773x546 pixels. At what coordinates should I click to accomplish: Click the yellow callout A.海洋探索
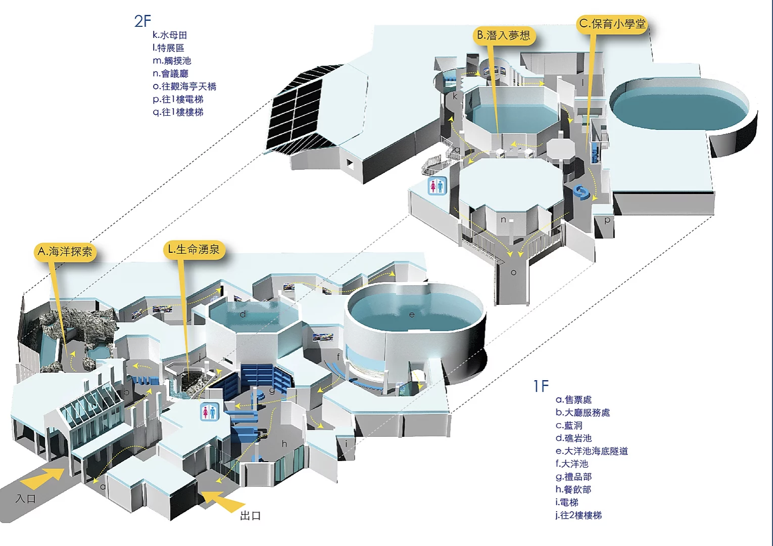click(66, 252)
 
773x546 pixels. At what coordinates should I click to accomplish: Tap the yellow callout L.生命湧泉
click(194, 250)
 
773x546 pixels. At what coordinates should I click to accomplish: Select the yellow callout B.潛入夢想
click(504, 35)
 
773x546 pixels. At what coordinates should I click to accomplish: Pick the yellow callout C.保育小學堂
click(612, 24)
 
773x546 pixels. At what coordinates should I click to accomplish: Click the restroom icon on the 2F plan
click(438, 186)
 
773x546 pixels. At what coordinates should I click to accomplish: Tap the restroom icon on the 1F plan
click(209, 412)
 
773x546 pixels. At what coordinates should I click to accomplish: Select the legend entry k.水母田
click(170, 35)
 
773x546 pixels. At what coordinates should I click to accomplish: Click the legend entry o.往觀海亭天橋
click(184, 86)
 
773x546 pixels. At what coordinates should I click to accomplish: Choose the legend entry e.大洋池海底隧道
click(592, 451)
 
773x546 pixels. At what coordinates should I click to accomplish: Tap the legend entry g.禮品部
click(573, 477)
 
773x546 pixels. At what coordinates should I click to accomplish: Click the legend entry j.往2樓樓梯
click(578, 515)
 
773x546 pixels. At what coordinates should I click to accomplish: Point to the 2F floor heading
click(142, 21)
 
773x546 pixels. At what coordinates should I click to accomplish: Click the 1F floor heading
click(541, 386)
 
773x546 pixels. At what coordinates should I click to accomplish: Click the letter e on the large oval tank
click(412, 314)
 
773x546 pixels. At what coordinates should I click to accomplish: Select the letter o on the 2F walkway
click(513, 272)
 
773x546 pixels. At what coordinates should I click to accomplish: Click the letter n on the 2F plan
click(503, 220)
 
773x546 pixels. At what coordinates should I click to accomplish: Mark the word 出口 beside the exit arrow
click(251, 516)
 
